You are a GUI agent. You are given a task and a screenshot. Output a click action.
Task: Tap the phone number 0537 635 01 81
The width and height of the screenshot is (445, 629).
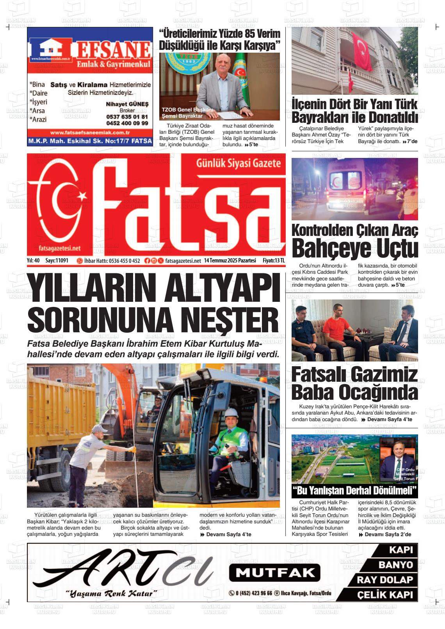click(127, 117)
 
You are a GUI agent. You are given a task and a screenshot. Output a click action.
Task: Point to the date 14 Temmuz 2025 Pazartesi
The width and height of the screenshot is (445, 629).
click(230, 260)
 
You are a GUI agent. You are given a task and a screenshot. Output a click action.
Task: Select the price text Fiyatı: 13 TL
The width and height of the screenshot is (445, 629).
click(274, 260)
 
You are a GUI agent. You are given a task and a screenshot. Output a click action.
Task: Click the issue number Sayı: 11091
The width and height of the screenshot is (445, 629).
click(57, 260)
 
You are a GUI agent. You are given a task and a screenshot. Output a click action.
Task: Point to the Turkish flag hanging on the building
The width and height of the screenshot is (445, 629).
click(363, 51)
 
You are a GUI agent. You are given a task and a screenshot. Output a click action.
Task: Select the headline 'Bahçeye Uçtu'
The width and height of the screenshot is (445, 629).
click(354, 248)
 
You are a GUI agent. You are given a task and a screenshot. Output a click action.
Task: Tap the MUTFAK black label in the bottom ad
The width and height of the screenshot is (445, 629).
click(274, 572)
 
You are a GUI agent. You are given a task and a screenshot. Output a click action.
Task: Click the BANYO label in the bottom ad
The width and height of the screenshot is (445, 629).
click(395, 565)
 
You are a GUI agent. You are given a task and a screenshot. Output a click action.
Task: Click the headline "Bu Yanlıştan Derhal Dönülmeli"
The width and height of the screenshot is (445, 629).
click(354, 490)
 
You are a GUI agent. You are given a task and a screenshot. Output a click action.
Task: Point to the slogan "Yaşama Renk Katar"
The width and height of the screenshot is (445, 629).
click(111, 594)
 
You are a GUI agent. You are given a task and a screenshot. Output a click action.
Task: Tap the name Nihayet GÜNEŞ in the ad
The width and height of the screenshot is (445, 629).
click(127, 104)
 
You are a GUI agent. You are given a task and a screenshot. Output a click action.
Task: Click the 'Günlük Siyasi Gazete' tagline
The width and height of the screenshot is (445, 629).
click(239, 163)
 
